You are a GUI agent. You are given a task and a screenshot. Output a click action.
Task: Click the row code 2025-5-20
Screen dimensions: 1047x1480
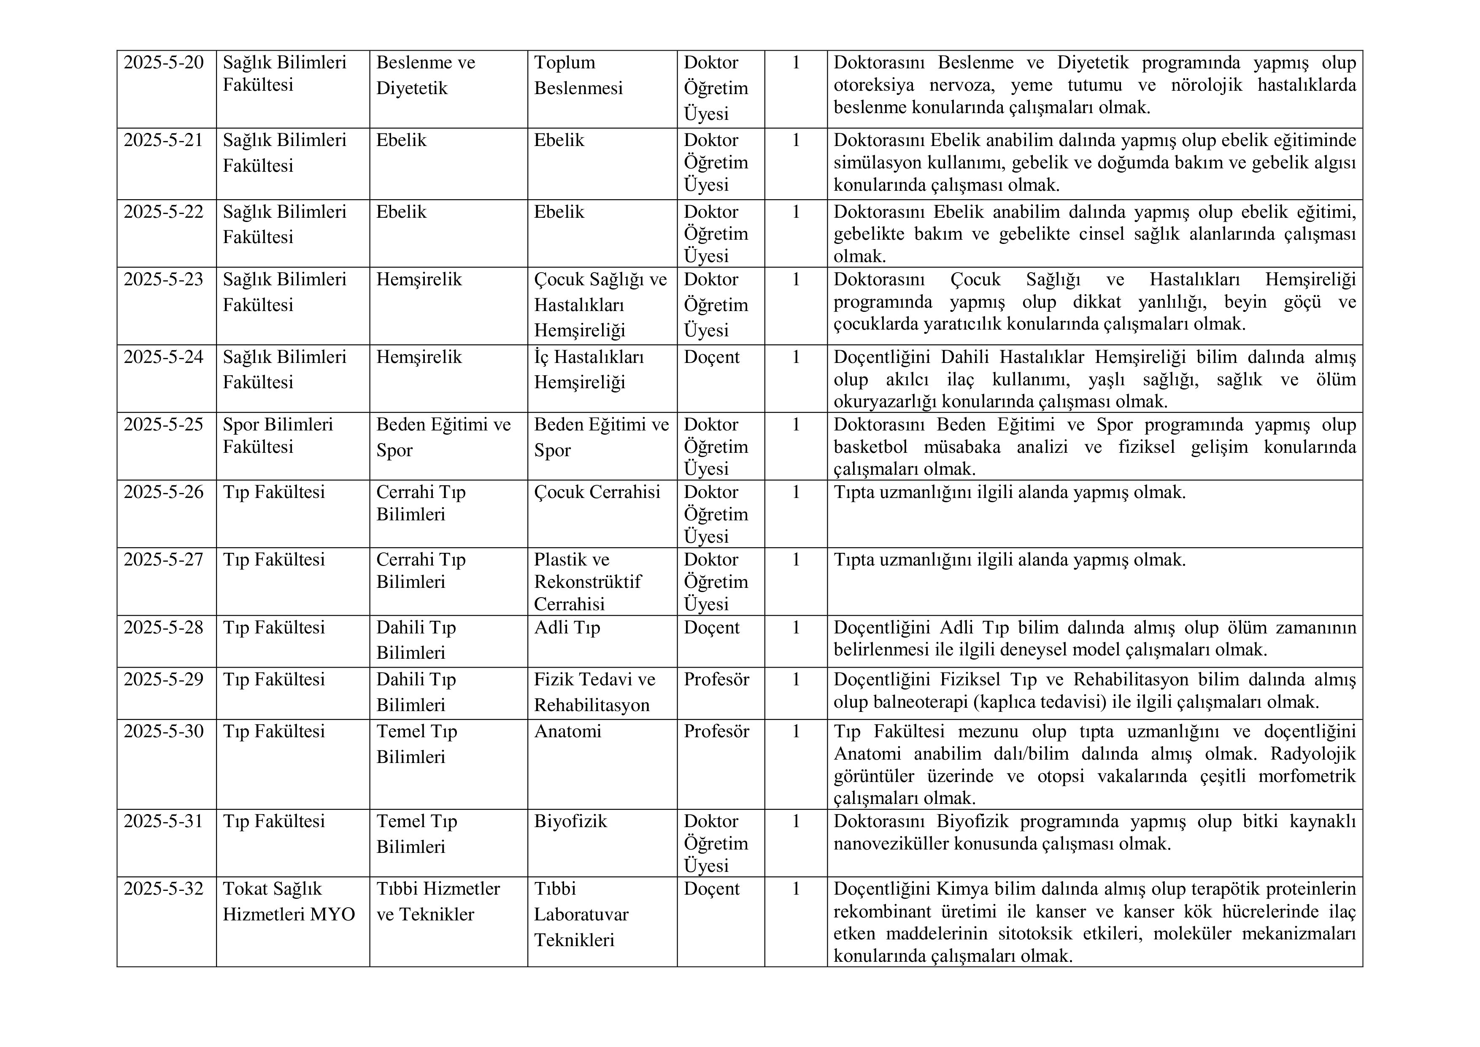163,62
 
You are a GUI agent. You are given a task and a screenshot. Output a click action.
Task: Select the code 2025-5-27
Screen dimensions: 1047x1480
163,560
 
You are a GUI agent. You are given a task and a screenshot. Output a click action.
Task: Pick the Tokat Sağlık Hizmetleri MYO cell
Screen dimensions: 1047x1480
289,901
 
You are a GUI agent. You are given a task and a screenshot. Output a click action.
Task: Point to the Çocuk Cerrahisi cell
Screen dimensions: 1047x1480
597,492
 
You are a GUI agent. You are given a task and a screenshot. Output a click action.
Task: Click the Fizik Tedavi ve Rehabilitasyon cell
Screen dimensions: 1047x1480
594,692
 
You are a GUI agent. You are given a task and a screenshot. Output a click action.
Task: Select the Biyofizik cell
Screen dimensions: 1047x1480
570,821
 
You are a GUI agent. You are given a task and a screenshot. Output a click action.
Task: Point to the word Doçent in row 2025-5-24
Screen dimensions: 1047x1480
712,357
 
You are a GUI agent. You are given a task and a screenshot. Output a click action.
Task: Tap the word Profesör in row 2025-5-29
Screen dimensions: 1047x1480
716,679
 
